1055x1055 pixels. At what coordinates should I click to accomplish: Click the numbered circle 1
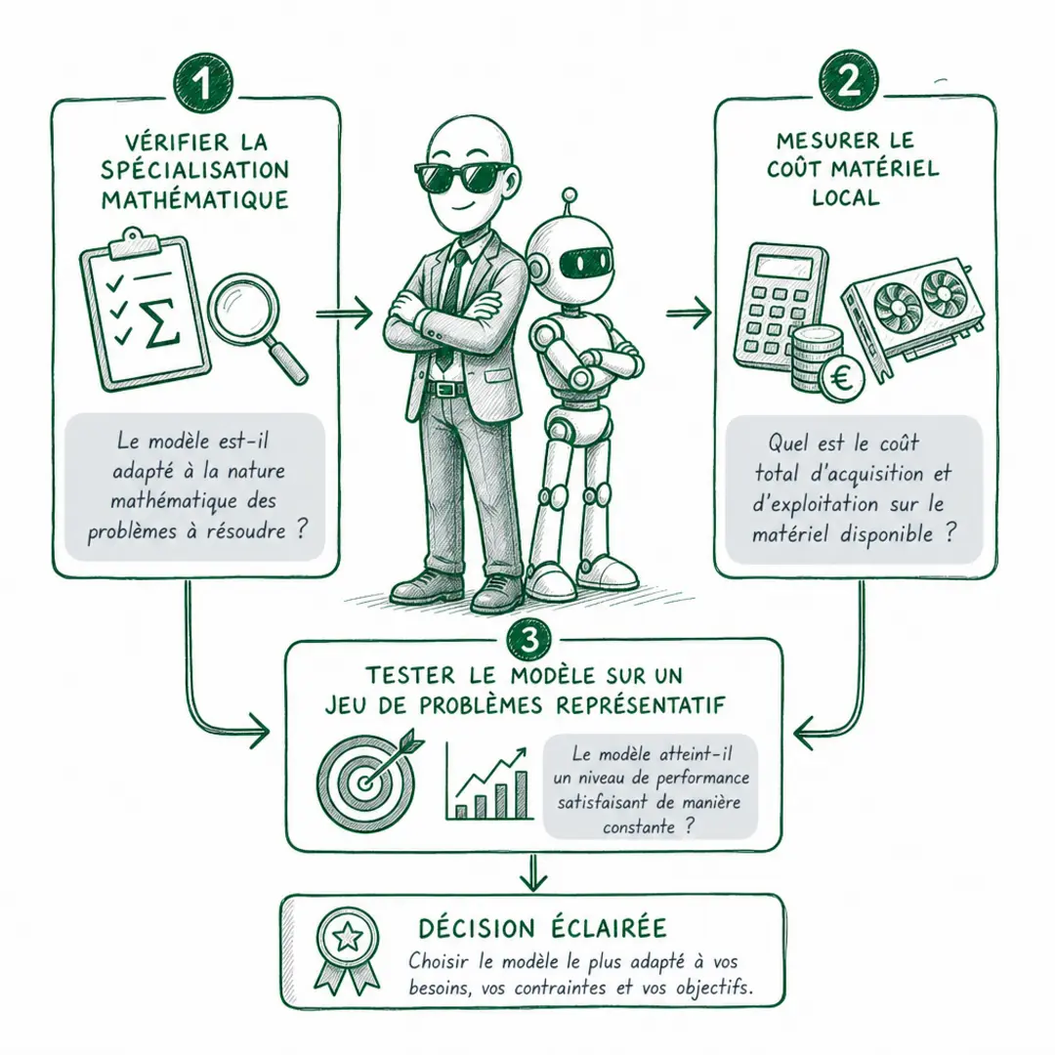203,85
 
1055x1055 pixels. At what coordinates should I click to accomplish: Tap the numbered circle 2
849,81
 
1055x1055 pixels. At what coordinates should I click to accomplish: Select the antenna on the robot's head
570,204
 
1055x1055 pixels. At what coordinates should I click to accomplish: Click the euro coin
842,379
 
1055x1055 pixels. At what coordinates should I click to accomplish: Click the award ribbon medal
347,950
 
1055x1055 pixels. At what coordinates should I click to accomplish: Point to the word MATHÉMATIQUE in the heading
195,200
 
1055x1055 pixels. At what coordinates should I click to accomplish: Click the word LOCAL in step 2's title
846,197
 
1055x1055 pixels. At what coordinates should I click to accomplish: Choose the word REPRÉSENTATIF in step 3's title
641,705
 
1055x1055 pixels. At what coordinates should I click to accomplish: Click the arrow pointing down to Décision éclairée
533,872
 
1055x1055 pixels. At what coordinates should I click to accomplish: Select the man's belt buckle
443,389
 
